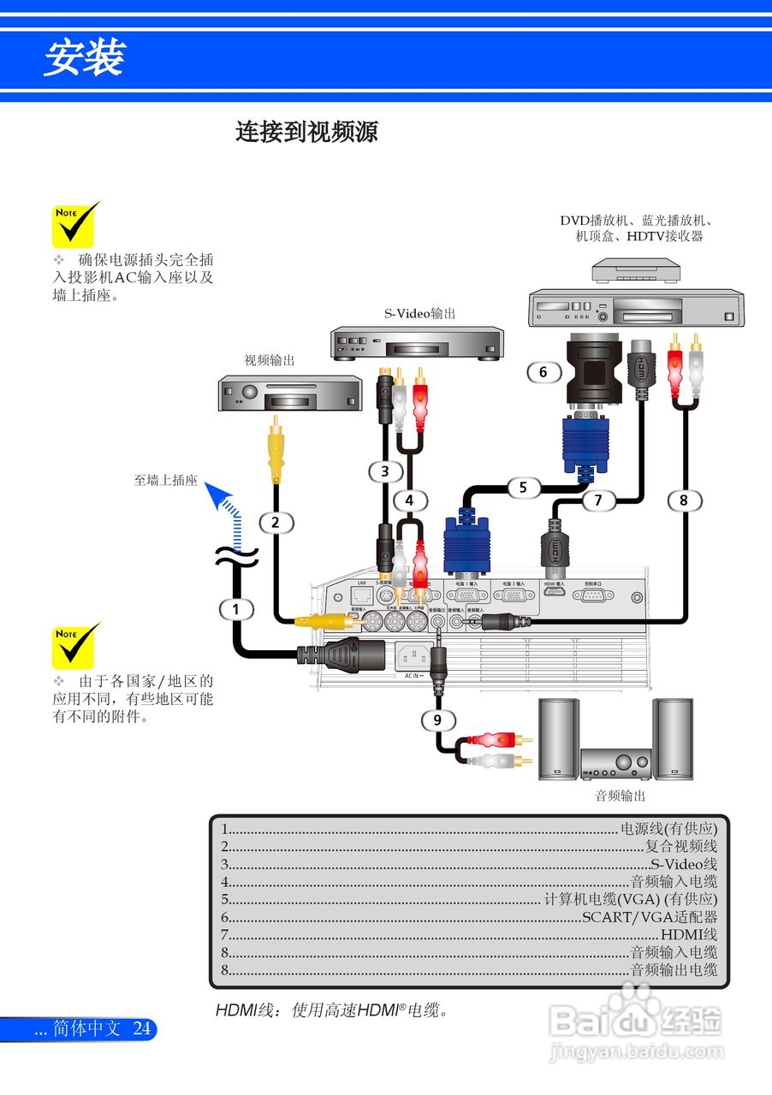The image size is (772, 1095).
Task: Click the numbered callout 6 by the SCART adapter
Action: pyautogui.click(x=543, y=372)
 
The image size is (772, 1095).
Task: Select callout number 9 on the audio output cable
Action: pyautogui.click(x=437, y=720)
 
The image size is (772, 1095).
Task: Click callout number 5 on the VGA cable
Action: pyautogui.click(x=523, y=488)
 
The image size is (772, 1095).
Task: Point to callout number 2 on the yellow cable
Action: pyautogui.click(x=276, y=522)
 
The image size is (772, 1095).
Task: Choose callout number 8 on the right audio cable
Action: pyautogui.click(x=684, y=500)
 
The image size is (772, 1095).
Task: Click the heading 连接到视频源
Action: pyautogui.click(x=306, y=133)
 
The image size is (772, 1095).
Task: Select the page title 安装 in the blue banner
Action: pyautogui.click(x=84, y=58)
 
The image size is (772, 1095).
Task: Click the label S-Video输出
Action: pyautogui.click(x=419, y=314)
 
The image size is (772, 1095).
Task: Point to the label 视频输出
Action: pyautogui.click(x=270, y=361)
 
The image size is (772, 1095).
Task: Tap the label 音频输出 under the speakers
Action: pyautogui.click(x=621, y=796)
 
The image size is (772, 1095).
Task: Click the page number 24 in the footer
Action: pyautogui.click(x=142, y=1029)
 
